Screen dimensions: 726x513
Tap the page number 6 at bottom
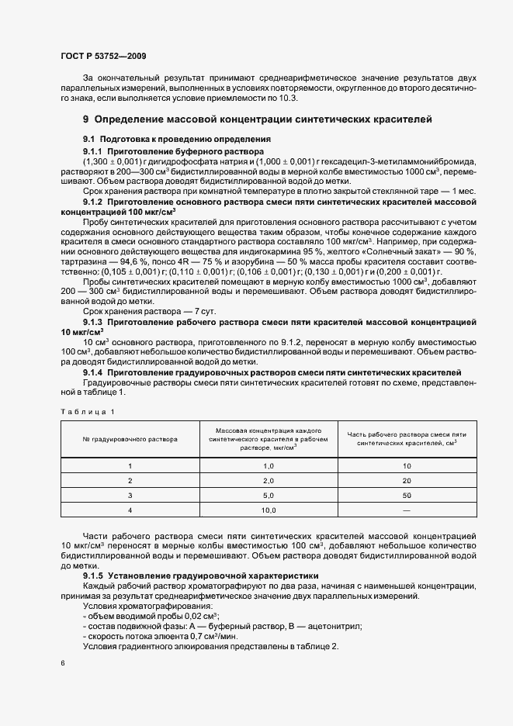[x=63, y=663]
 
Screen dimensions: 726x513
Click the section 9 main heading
[x=252, y=119]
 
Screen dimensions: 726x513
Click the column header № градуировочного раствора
[x=130, y=439]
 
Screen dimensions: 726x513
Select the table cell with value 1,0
[x=269, y=465]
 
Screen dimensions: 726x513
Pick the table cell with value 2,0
[x=269, y=480]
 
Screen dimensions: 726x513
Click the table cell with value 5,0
[x=269, y=495]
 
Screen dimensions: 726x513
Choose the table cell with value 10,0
[x=269, y=510]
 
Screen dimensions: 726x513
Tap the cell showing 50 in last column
[x=406, y=495]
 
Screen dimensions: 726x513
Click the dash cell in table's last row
[x=406, y=510]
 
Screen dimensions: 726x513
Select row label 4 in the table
[x=130, y=510]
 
